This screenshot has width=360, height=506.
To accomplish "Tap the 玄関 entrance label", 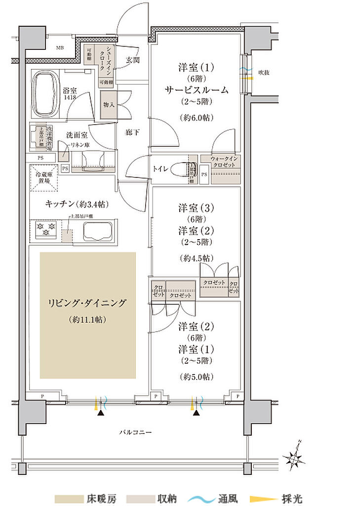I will click(132, 60).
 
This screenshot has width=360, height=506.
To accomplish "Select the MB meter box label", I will click(59, 48).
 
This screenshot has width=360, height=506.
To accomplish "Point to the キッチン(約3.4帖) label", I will click(77, 204).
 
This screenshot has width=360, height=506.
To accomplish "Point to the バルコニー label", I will click(135, 432).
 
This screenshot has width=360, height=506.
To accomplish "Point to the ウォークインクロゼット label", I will click(225, 162).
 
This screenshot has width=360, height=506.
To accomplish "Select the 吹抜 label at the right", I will click(264, 73).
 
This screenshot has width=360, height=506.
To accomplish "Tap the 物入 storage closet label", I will click(109, 105).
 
